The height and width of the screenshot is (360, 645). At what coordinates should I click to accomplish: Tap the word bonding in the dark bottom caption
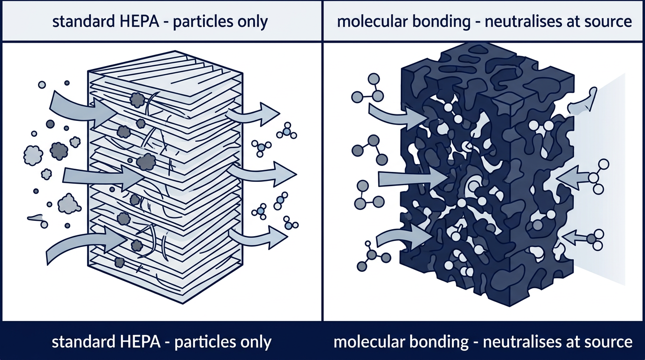(x=440, y=341)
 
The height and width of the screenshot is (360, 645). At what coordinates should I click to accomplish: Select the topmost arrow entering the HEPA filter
(x=80, y=105)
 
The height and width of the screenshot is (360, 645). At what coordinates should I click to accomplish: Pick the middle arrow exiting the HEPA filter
(x=265, y=173)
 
